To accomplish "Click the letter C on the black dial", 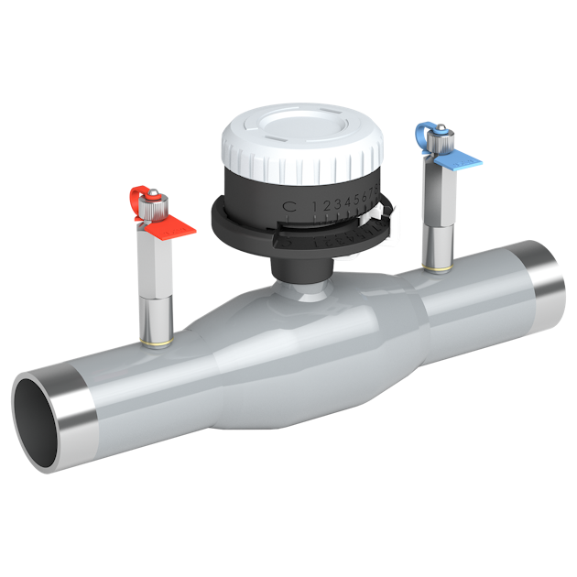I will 288,206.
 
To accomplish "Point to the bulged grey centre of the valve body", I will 302,357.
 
